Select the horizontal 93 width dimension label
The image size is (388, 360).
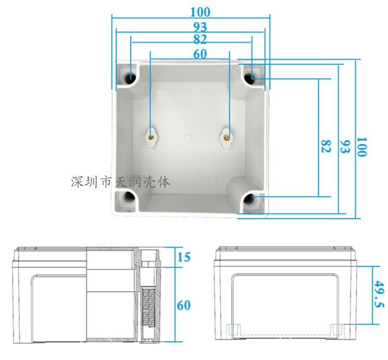click(x=200, y=26)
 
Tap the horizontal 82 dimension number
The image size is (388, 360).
click(x=200, y=39)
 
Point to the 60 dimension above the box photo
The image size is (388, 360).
click(x=200, y=54)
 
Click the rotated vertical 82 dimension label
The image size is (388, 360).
click(x=325, y=146)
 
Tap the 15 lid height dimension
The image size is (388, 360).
click(x=184, y=256)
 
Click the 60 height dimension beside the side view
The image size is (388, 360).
click(x=184, y=305)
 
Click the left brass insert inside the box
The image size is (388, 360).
click(x=151, y=137)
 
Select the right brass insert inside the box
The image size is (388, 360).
click(x=228, y=137)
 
